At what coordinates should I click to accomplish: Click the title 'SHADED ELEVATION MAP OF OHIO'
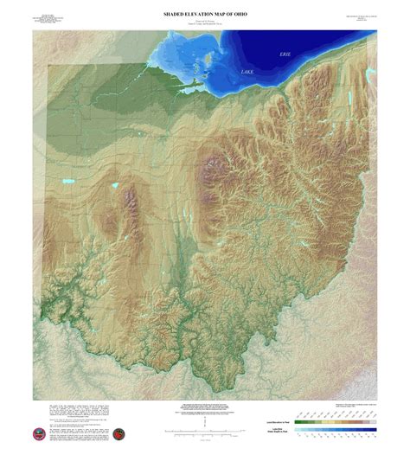(x=205, y=14)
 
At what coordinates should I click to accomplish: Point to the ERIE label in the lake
(x=286, y=54)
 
